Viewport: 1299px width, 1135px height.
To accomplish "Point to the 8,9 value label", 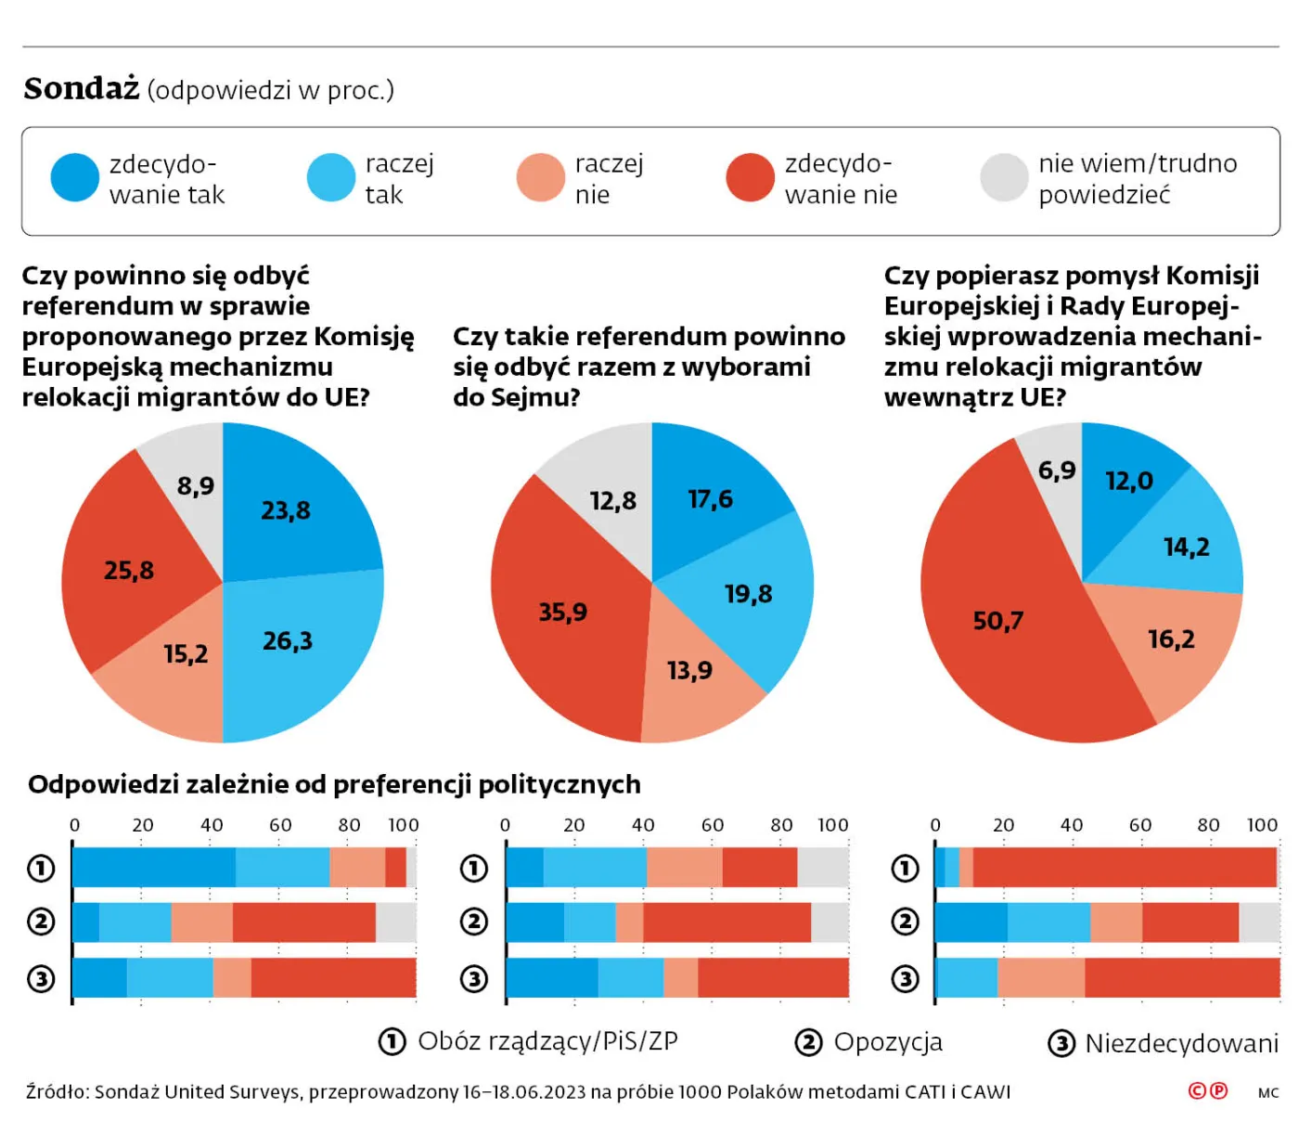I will click(x=196, y=485).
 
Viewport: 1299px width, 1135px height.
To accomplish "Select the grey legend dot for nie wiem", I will click(x=1004, y=177).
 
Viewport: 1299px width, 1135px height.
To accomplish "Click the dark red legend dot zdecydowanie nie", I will click(x=750, y=177).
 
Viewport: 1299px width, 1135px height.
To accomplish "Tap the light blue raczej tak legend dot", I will click(x=331, y=177).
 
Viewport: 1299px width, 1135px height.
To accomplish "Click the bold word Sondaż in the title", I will click(x=82, y=89).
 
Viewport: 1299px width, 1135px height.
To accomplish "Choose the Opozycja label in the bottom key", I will click(x=888, y=1042).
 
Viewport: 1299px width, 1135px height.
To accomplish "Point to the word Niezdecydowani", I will click(x=1181, y=1043).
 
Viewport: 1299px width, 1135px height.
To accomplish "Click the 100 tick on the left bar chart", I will click(x=404, y=825).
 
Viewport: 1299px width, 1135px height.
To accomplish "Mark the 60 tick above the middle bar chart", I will click(x=713, y=825).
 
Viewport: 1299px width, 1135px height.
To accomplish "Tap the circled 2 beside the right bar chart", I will click(x=905, y=922).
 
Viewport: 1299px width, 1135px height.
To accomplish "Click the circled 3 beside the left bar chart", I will click(x=41, y=978).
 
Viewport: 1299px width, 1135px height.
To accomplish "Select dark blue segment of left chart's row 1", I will click(x=153, y=868).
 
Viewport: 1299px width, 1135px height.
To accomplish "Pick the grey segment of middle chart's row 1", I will click(x=823, y=868).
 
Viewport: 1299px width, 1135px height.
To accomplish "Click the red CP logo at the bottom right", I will click(x=1208, y=1091).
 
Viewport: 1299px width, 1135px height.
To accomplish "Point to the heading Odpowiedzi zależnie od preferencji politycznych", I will click(x=334, y=784).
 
